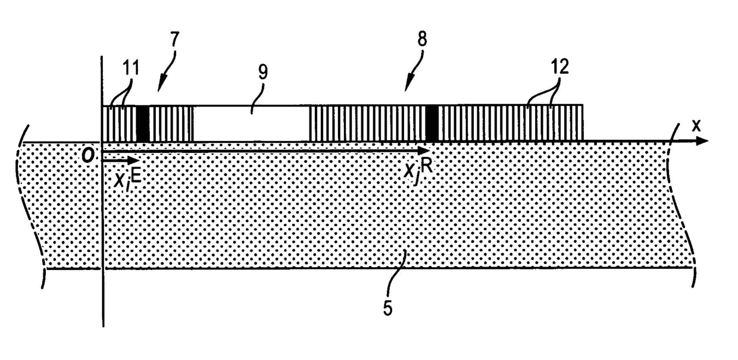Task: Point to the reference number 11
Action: click(x=131, y=68)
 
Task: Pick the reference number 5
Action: click(x=387, y=309)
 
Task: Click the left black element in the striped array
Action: click(x=143, y=124)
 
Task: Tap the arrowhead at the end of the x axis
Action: click(x=702, y=142)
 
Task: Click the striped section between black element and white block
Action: click(x=171, y=124)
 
